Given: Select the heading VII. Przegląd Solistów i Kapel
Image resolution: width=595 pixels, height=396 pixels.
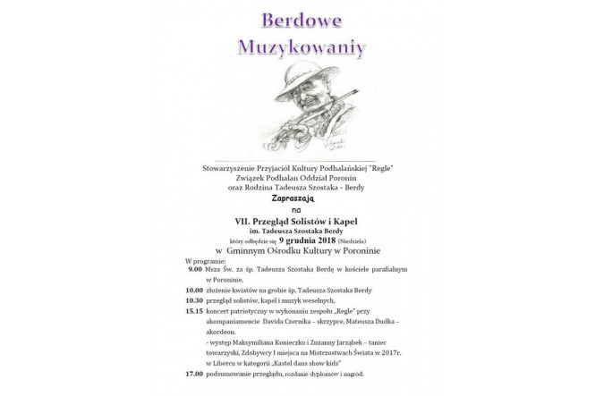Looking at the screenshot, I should click(297, 220).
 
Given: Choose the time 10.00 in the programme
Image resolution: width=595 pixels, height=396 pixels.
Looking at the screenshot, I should click(194, 290).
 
